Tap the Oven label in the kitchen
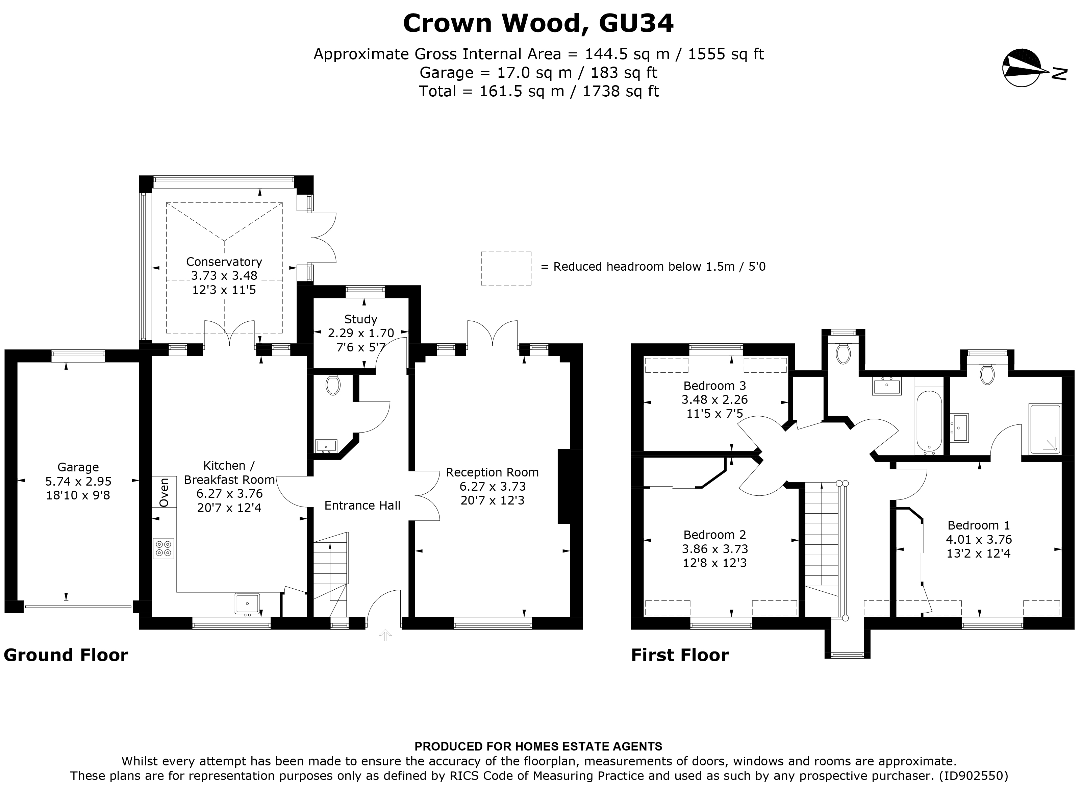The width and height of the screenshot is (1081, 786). coord(164,492)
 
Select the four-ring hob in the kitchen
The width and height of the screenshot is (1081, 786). coord(164,548)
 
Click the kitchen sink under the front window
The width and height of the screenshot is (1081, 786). coord(247,604)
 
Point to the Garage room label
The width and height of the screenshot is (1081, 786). coord(78,467)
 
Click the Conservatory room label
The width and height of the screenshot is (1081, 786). coord(224,262)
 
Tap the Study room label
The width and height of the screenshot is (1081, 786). coord(361,319)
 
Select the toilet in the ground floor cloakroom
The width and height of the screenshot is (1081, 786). coord(333,385)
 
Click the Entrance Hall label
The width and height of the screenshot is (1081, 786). coord(362,505)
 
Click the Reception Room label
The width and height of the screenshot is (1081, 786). coord(492,472)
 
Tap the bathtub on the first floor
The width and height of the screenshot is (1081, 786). coord(929,421)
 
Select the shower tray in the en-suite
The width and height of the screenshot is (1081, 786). coord(1045,429)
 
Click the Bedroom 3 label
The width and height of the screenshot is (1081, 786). coord(714,386)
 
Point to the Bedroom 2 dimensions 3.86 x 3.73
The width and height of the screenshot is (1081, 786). coord(714,549)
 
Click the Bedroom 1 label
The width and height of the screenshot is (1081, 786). coord(979,525)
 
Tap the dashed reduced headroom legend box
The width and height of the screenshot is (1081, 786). coord(506,268)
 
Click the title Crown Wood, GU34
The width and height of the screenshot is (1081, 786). coord(538,23)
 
